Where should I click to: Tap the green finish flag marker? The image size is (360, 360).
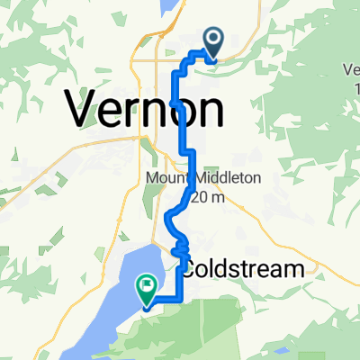(145, 288)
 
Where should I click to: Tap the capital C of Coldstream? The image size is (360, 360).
(192, 269)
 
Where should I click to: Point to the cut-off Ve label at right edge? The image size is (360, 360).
(351, 67)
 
